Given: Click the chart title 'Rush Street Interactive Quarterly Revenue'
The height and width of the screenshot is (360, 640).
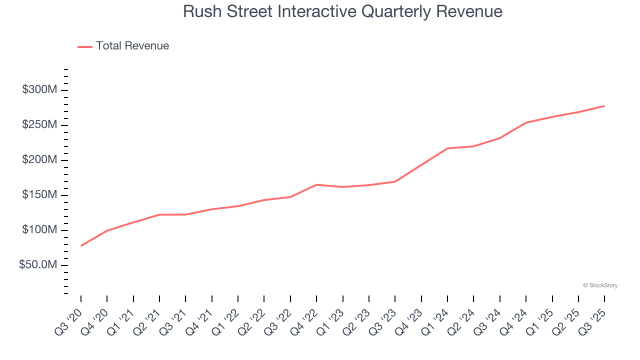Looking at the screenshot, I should pyautogui.click(x=342, y=11).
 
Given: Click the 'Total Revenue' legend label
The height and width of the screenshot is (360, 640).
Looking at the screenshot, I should pyautogui.click(x=132, y=46).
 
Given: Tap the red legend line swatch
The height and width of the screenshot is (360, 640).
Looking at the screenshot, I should pyautogui.click(x=85, y=46).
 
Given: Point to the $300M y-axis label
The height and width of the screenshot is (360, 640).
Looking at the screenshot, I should pyautogui.click(x=39, y=90).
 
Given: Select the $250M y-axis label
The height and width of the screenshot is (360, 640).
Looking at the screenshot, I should pyautogui.click(x=39, y=125).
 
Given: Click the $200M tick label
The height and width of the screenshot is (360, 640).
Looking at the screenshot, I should pyautogui.click(x=39, y=160).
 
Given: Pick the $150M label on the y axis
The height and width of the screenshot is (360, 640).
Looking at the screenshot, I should pyautogui.click(x=39, y=195).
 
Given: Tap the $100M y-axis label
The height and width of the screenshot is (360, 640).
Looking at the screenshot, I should pyautogui.click(x=39, y=230).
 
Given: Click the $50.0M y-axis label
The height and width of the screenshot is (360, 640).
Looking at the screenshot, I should pyautogui.click(x=38, y=265).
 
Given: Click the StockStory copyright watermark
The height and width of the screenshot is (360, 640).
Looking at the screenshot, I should pyautogui.click(x=600, y=285).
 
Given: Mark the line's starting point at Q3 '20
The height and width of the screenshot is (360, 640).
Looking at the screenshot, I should pyautogui.click(x=81, y=245).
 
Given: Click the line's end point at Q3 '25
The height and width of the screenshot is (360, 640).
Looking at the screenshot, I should pyautogui.click(x=604, y=106).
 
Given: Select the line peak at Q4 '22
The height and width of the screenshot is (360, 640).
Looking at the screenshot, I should pyautogui.click(x=316, y=184).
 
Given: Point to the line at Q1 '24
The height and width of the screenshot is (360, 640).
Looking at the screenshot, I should pyautogui.click(x=447, y=148).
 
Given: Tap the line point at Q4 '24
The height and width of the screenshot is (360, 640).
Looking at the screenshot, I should pyautogui.click(x=526, y=122).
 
